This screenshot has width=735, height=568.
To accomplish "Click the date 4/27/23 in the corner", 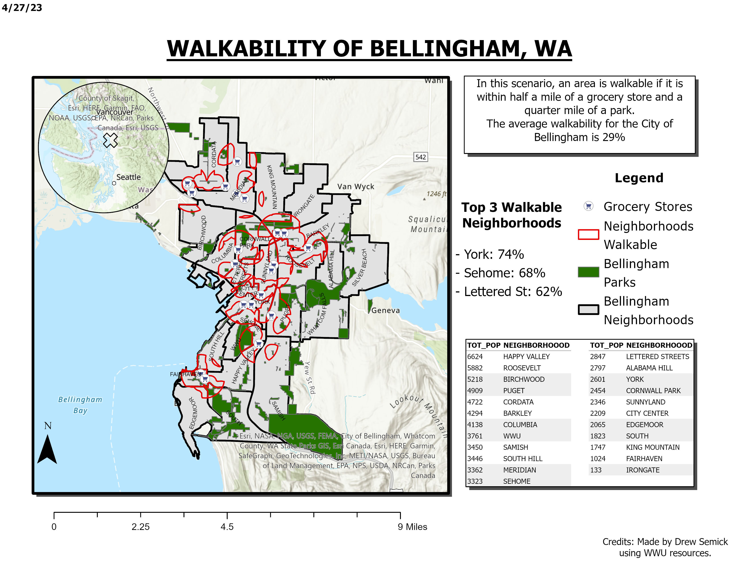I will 22,7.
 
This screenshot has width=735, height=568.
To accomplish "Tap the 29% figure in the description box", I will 614,137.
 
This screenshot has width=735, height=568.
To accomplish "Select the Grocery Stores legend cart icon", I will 588,206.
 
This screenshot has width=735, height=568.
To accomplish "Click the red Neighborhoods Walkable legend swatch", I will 588,235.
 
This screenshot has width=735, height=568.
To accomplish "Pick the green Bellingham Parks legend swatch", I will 588,272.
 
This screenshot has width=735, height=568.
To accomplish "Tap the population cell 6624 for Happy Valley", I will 475,356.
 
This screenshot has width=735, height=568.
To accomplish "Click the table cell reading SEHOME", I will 517,481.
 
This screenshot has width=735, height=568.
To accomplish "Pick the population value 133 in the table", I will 595,470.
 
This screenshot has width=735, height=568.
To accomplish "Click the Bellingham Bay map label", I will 80,405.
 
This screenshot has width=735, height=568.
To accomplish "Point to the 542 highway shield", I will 420,157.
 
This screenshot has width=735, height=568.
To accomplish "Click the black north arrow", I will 47,449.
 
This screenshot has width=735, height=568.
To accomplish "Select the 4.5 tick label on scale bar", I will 227,527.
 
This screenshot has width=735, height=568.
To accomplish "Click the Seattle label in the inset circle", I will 128,177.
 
